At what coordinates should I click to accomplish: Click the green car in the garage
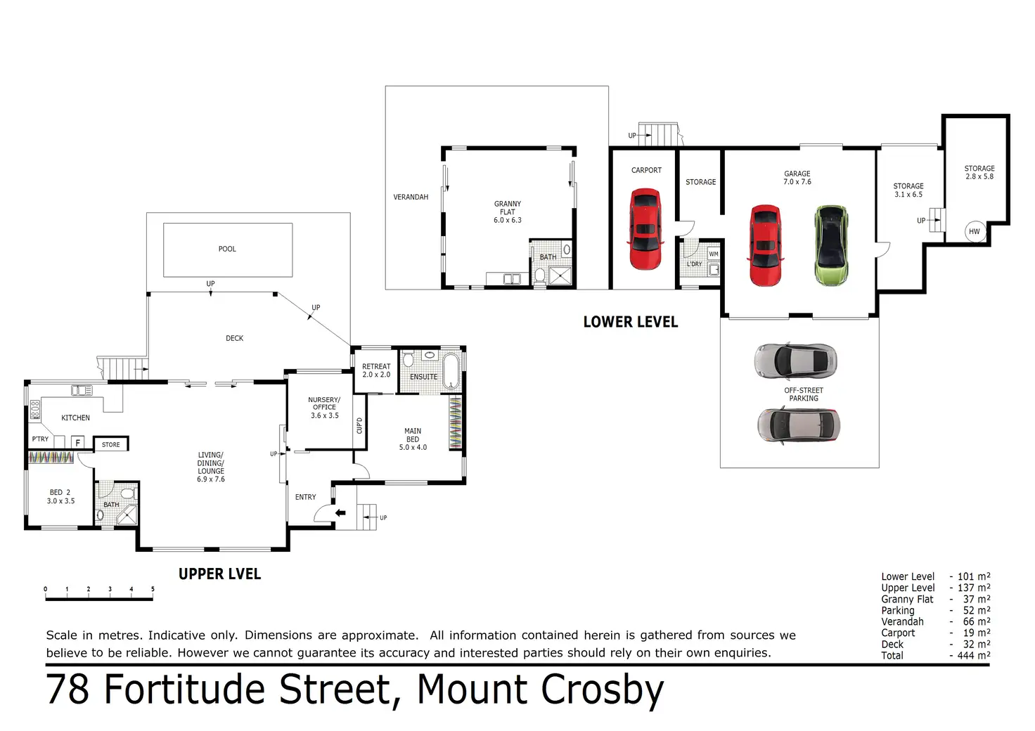tap(831, 245)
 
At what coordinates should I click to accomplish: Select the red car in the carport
tap(645, 229)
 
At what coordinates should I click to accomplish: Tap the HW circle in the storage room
tap(974, 231)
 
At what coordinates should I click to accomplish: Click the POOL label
tap(227, 249)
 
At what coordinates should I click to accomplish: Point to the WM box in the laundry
tap(714, 254)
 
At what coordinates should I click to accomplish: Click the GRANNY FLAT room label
tap(507, 212)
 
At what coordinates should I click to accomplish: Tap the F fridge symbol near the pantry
tap(78, 442)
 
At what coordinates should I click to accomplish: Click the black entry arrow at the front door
tap(340, 513)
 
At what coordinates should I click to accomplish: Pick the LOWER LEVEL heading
tap(631, 322)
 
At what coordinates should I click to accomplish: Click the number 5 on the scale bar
tap(153, 589)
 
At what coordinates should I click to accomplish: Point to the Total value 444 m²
tap(973, 655)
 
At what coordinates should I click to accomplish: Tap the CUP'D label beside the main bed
tap(359, 425)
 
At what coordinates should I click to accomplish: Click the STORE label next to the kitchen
tap(111, 444)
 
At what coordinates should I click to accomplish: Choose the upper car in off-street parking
tap(796, 360)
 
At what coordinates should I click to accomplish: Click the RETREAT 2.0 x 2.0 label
tap(376, 370)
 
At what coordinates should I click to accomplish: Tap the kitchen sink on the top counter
tap(82, 391)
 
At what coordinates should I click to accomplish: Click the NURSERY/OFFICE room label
tap(324, 407)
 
